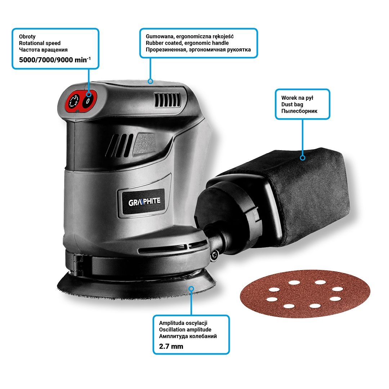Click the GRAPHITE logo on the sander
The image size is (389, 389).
click(144, 202)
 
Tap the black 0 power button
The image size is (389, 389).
click(88, 101)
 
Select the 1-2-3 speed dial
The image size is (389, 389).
click(74, 101)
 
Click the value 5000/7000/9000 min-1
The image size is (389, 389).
click(55, 60)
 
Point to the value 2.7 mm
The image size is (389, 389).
click(171, 346)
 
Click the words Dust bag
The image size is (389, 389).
click(292, 104)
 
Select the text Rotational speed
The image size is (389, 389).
click(40, 43)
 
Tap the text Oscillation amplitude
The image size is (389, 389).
click(185, 330)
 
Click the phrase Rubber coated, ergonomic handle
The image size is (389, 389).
click(187, 43)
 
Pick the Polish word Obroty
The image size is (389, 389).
click(27, 36)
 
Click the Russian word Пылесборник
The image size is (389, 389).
click(299, 111)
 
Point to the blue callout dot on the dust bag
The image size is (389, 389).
click(303, 158)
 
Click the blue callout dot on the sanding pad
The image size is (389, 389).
click(191, 289)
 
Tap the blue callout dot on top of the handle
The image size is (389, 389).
click(150, 81)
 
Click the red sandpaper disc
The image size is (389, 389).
click(305, 294)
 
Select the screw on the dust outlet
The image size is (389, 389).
click(214, 255)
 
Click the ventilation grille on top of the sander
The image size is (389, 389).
click(167, 100)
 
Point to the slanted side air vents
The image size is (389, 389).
click(120, 146)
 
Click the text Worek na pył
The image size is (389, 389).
click(297, 98)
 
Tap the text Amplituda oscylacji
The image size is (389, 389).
click(183, 323)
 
